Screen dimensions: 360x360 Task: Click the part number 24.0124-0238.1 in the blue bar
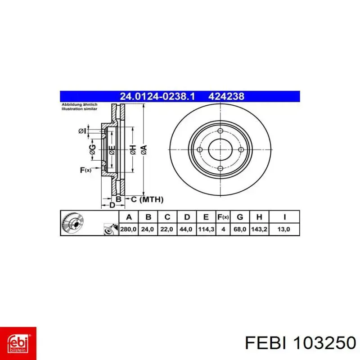click(157, 96)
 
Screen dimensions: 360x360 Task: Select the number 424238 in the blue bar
click(226, 96)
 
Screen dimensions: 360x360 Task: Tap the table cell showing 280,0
click(128, 229)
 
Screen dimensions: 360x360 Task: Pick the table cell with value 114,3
click(206, 229)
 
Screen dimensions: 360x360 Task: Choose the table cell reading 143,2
click(259, 229)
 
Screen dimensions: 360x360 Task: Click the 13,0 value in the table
click(284, 229)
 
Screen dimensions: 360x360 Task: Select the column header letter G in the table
click(240, 217)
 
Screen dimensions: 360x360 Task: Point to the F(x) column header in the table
click(223, 217)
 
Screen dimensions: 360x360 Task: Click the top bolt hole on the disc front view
click(220, 131)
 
